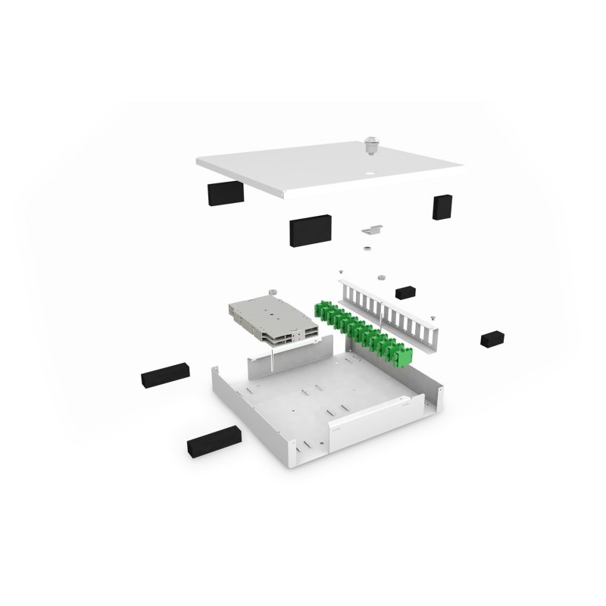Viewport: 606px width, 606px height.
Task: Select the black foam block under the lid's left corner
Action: pos(225,192)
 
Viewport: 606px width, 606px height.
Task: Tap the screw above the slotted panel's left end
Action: pos(341,271)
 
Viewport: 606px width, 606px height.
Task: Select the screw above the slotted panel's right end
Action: pos(433,317)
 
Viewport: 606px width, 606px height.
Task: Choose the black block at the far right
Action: pos(492,338)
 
